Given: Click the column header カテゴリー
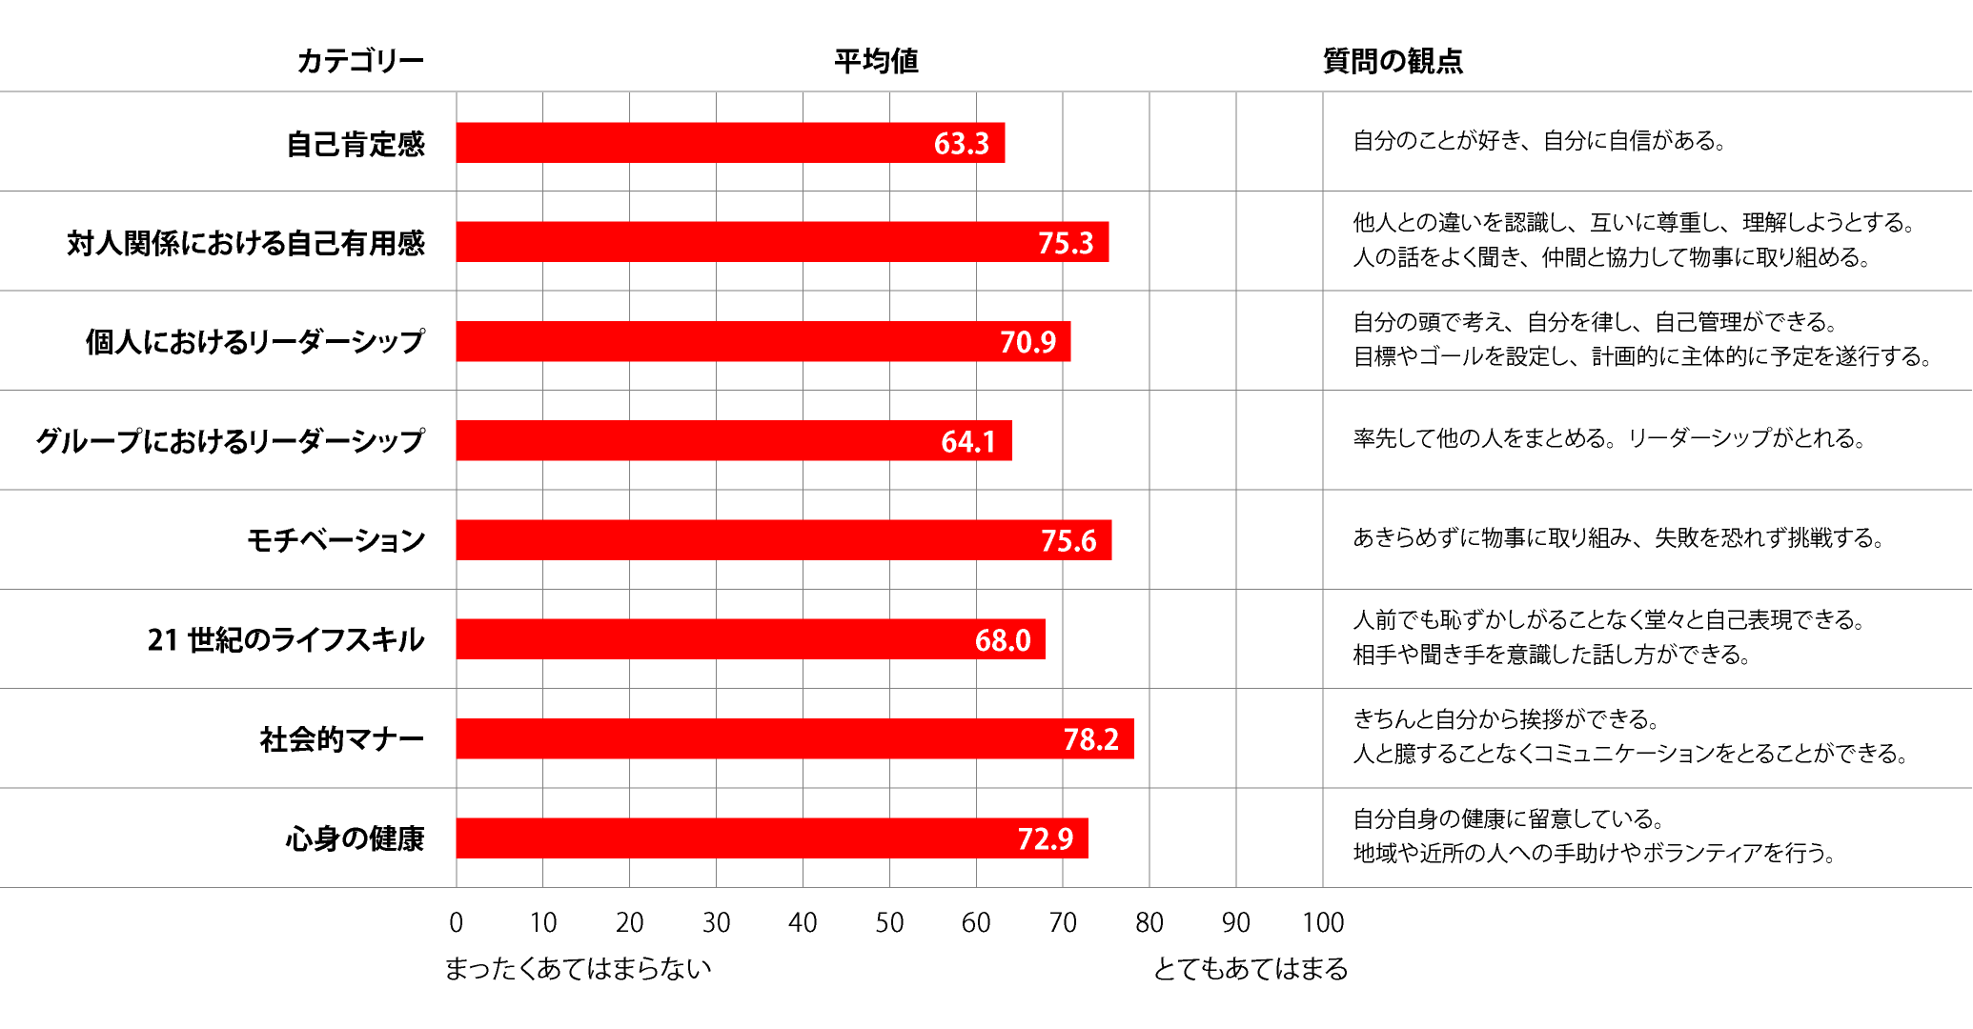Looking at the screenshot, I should pyautogui.click(x=360, y=61).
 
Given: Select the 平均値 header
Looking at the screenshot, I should pyautogui.click(x=876, y=61).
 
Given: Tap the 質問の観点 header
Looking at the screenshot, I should pyautogui.click(x=1393, y=61).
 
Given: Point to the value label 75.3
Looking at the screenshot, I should pyautogui.click(x=1066, y=243).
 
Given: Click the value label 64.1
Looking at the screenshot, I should pyautogui.click(x=968, y=441).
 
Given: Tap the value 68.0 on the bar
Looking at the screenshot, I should pyautogui.click(x=1003, y=639).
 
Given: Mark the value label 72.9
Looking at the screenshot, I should pyautogui.click(x=1046, y=838).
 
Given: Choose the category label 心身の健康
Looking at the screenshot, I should pyautogui.click(x=355, y=838).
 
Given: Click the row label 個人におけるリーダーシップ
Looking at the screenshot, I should pyautogui.click(x=254, y=341).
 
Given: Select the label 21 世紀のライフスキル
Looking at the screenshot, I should pyautogui.click(x=286, y=639).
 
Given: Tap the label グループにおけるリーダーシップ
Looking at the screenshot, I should pyautogui.click(x=230, y=441).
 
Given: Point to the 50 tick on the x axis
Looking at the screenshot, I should pyautogui.click(x=889, y=922).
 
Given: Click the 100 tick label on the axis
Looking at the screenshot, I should pyautogui.click(x=1323, y=922).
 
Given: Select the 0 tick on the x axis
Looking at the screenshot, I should pyautogui.click(x=457, y=922).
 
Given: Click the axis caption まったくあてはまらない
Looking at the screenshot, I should pyautogui.click(x=579, y=969).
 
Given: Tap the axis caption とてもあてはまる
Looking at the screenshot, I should pyautogui.click(x=1251, y=969).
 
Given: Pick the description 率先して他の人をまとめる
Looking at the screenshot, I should pyautogui.click(x=1609, y=438).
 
